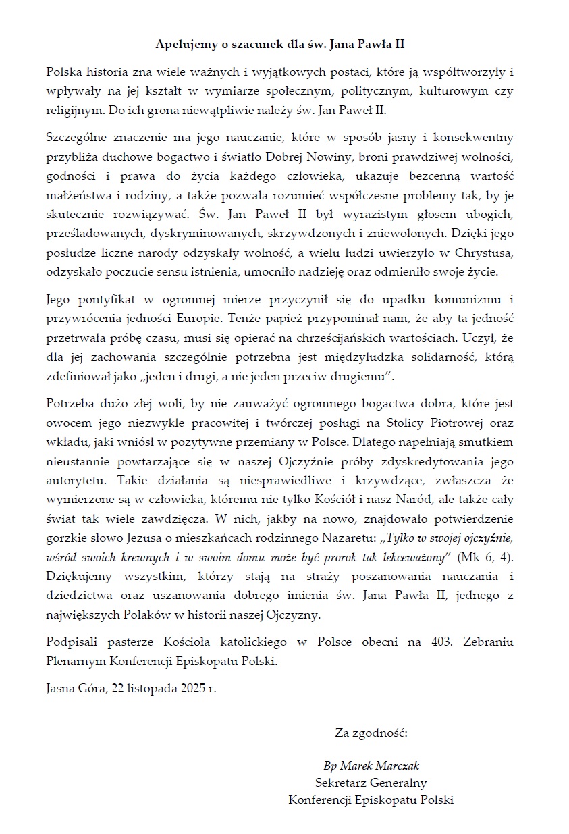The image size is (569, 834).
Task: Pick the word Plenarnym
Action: point(76,660)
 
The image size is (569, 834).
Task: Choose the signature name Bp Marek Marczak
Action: point(371,766)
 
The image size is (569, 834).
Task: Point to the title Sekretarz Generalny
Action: point(371,783)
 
